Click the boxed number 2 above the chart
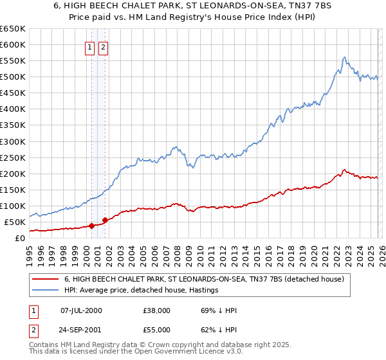pos(103,46)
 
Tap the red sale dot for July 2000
pos(91,226)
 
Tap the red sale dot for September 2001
pos(105,220)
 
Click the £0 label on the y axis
pos(19,238)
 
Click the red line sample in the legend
pos(46,280)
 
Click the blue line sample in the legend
pos(46,291)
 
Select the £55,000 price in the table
pos(157,331)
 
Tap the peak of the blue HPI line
pos(345,57)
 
